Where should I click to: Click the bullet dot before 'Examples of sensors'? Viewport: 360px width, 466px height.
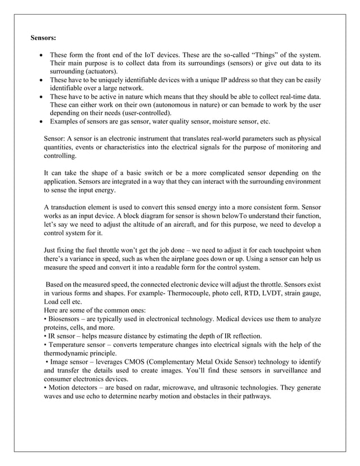pyautogui.click(x=41, y=122)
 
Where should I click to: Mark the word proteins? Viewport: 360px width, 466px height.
pyautogui.click(x=58, y=327)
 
